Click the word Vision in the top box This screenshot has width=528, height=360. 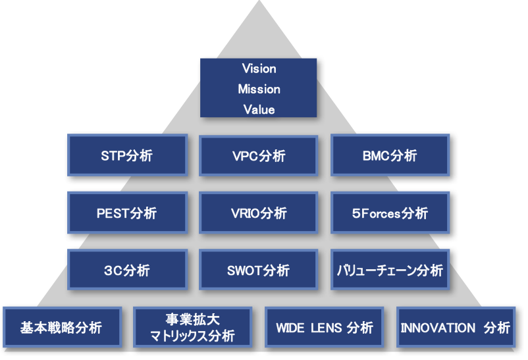[x=259, y=68]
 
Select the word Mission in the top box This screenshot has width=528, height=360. [x=259, y=90]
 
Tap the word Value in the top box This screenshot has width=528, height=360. [x=259, y=110]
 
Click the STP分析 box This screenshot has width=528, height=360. [x=127, y=155]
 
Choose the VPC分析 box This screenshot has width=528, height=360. [x=259, y=155]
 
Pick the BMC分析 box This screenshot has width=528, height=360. [x=390, y=155]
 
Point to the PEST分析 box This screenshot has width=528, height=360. [x=127, y=213]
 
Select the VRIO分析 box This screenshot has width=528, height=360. [x=259, y=213]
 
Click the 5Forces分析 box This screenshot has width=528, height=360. [x=390, y=213]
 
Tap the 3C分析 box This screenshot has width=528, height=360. [x=127, y=270]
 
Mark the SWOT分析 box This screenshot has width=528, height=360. [x=259, y=270]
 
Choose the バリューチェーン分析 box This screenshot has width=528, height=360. [x=390, y=270]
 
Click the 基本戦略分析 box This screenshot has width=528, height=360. [x=63, y=327]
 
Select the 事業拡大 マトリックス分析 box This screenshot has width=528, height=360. [x=193, y=327]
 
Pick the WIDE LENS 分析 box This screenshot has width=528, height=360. [x=325, y=327]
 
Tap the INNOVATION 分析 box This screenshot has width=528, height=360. [x=456, y=327]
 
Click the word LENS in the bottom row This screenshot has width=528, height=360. [x=327, y=328]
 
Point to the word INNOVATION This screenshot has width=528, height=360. [x=438, y=328]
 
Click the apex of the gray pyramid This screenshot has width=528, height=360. [x=259, y=1]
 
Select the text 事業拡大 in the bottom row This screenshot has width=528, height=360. [x=193, y=319]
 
